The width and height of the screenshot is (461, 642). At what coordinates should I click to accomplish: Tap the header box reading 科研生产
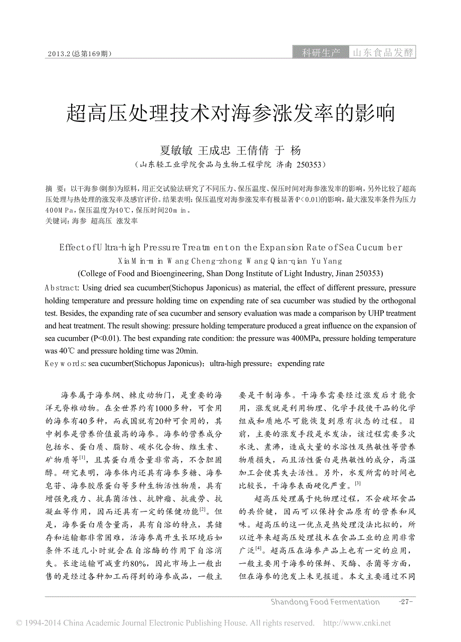coord(321,53)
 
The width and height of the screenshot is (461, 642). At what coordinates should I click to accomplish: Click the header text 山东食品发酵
coord(383,53)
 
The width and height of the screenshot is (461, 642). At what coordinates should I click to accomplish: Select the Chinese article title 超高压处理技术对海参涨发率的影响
coord(231,114)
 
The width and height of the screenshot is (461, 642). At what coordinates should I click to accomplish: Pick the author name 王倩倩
coord(253,149)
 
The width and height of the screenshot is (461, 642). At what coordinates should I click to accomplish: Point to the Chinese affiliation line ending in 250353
coord(231,164)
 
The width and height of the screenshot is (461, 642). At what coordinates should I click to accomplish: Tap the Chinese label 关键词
coord(57,221)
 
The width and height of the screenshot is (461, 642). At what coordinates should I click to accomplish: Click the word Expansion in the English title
coord(281,247)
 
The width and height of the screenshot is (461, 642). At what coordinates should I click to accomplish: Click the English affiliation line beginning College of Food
coord(231,274)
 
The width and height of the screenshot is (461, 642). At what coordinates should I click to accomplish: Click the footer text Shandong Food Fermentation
coord(325,602)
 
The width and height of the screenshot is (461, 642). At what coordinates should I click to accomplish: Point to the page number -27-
coord(405,602)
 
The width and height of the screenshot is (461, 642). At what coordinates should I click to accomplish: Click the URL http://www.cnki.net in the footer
coord(357,623)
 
